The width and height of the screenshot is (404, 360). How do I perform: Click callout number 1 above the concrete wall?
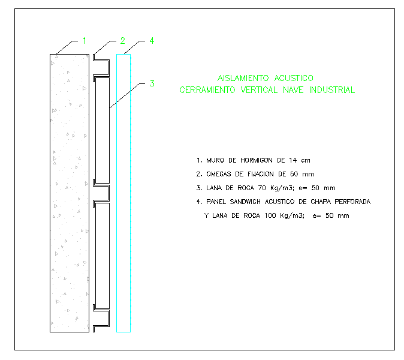(85, 41)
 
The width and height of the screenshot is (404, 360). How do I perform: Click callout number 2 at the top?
(122, 41)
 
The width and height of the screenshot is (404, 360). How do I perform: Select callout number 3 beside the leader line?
(152, 83)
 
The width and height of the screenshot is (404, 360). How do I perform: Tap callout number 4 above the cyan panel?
(152, 41)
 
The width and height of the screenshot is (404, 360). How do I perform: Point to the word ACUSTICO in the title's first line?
(293, 78)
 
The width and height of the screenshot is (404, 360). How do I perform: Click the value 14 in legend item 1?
(293, 160)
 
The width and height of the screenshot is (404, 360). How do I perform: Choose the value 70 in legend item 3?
(263, 188)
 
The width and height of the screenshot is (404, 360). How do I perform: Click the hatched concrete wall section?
(69, 192)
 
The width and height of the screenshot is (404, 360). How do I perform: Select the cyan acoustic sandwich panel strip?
(123, 192)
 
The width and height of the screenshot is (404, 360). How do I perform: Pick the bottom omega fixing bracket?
(101, 319)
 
